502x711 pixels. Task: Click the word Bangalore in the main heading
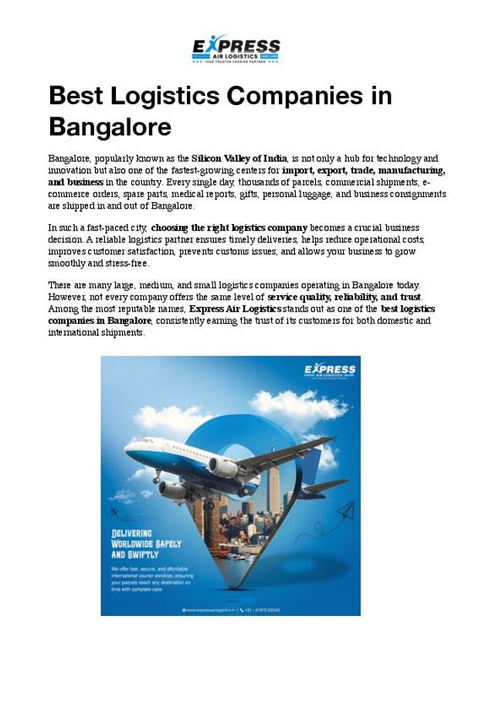click(x=110, y=126)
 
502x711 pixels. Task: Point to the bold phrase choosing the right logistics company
click(x=229, y=228)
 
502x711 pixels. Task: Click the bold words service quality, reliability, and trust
click(x=344, y=298)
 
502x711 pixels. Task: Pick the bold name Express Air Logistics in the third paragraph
click(x=236, y=309)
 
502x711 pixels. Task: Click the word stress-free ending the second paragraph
click(x=128, y=263)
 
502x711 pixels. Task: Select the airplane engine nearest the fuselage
click(x=223, y=467)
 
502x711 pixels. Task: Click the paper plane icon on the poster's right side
click(x=344, y=511)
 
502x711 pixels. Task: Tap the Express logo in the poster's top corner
click(x=330, y=370)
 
